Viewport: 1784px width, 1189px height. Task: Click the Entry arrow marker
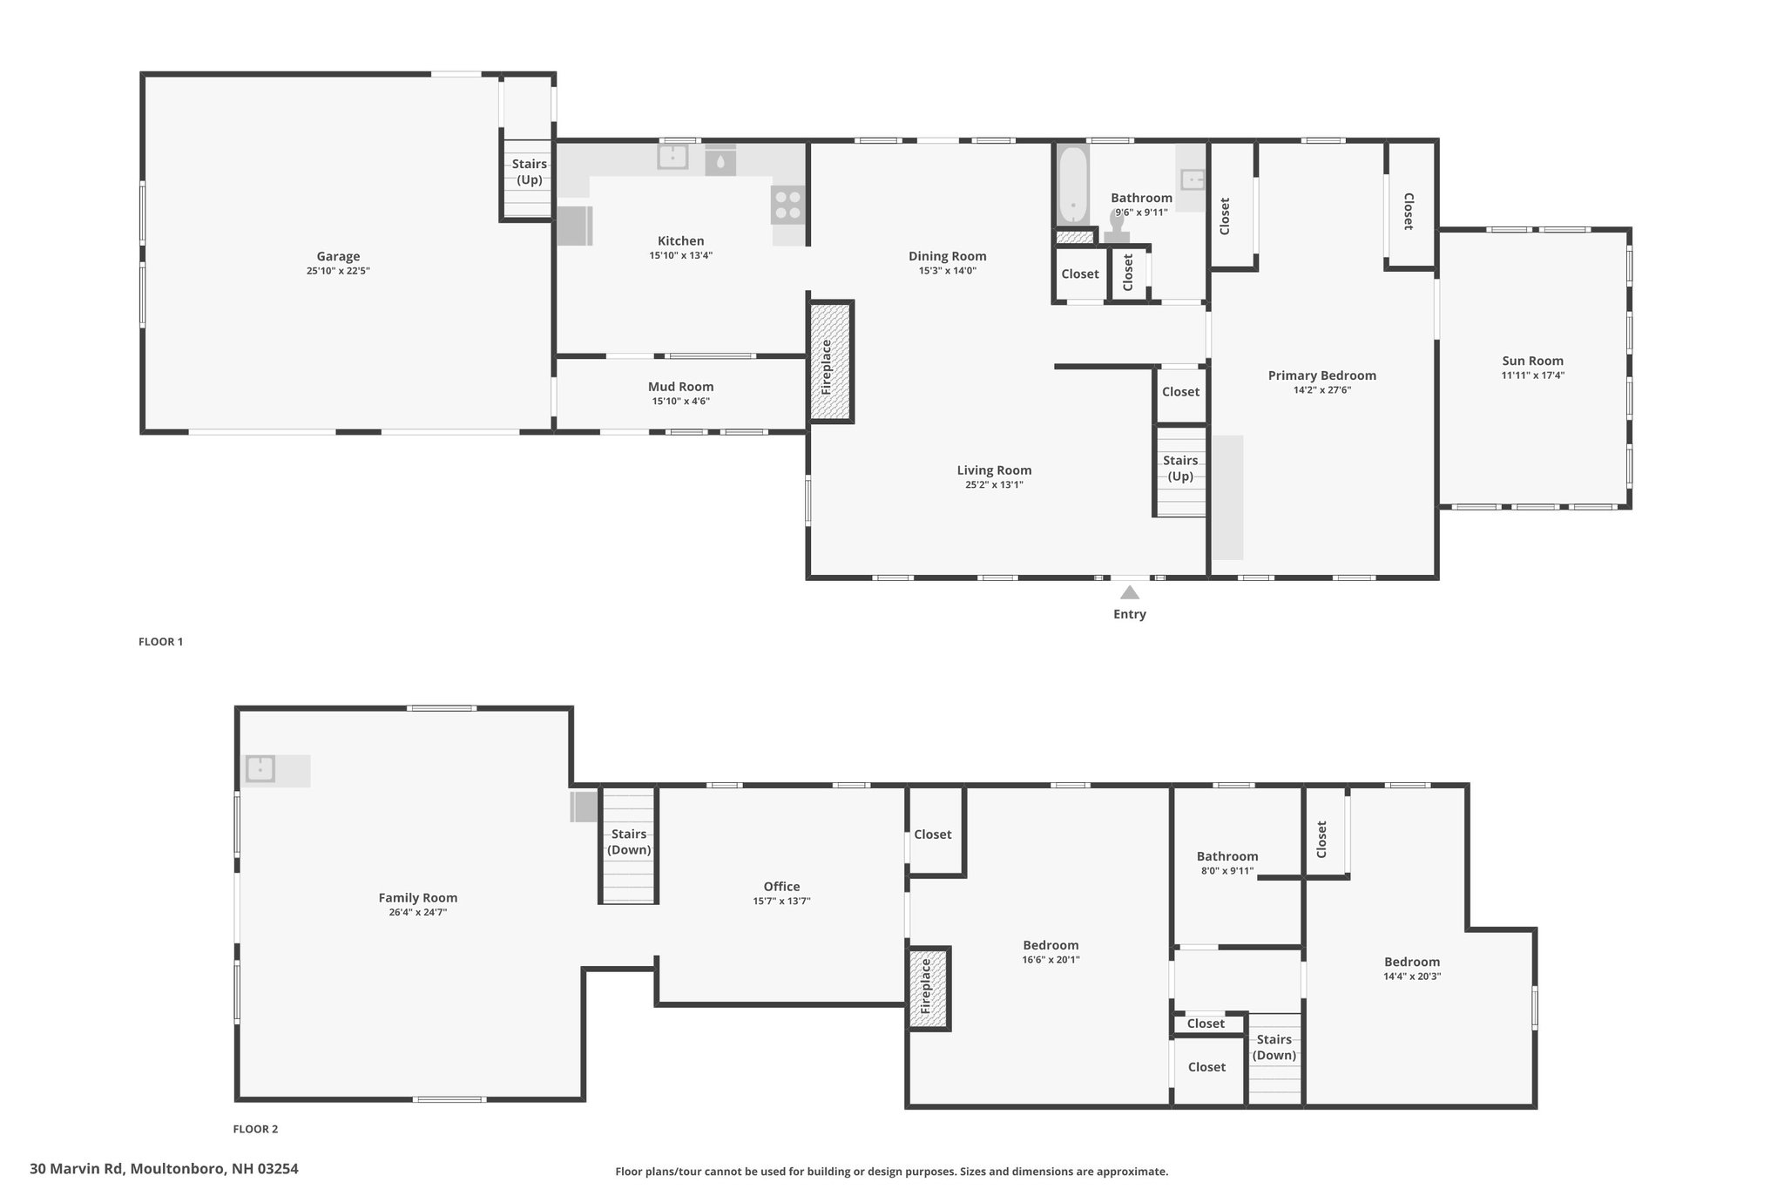click(1129, 592)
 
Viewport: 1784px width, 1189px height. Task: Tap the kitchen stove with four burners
click(787, 205)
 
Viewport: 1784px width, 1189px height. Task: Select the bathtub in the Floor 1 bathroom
click(1072, 184)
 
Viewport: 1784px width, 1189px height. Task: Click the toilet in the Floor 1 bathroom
click(1117, 226)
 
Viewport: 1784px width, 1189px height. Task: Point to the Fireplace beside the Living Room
click(831, 361)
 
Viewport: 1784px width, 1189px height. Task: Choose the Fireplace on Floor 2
click(929, 988)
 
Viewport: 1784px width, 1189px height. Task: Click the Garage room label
click(338, 256)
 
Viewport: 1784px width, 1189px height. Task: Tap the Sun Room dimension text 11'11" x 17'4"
click(1532, 375)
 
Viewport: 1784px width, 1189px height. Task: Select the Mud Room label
click(680, 387)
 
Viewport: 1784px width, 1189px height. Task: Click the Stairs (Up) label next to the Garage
click(530, 172)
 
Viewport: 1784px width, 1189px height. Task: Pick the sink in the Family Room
click(260, 768)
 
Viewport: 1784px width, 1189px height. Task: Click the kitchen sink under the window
click(672, 157)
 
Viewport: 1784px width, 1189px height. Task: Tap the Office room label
click(781, 887)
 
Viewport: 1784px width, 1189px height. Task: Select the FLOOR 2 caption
click(255, 1129)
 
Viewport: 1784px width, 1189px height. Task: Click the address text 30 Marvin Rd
click(77, 1169)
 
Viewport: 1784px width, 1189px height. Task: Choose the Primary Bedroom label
click(1321, 375)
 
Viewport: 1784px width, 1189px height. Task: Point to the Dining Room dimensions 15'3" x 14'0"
click(947, 270)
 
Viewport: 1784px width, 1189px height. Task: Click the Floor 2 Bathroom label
click(1226, 856)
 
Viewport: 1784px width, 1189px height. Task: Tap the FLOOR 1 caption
click(160, 642)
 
